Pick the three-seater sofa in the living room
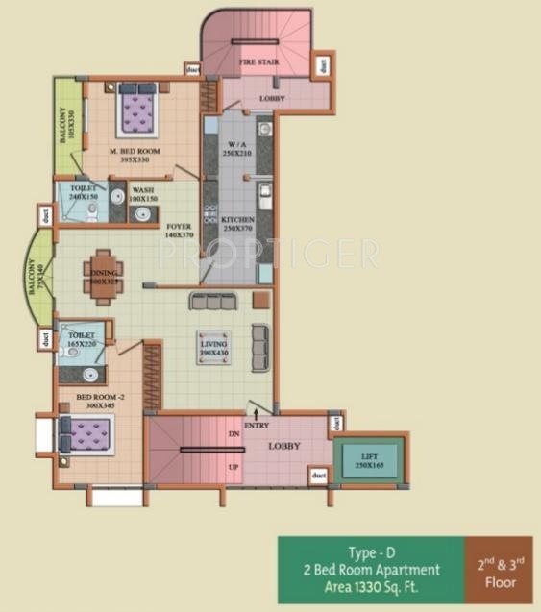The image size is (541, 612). point(213,301)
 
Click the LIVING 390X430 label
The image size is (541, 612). point(213,348)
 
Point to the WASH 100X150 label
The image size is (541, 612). point(144,194)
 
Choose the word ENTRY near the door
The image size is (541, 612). point(257,426)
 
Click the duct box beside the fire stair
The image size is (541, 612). point(323,65)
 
